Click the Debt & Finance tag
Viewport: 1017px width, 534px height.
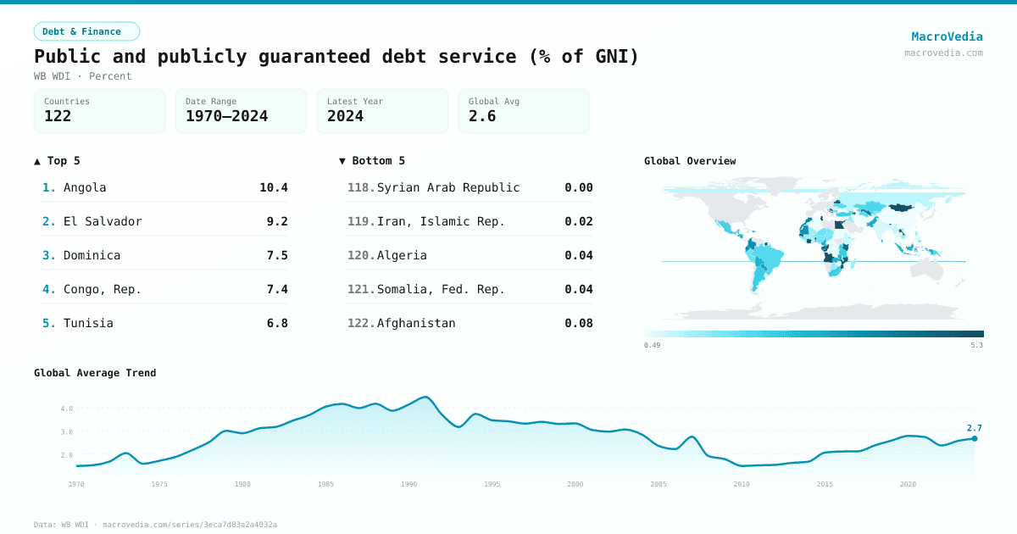(x=86, y=31)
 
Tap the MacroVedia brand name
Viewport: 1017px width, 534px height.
(x=947, y=36)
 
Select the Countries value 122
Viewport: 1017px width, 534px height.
(x=58, y=116)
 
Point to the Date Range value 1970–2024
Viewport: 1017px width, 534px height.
(x=226, y=116)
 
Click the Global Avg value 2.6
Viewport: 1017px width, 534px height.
(x=482, y=116)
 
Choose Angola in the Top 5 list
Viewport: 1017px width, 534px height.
(x=85, y=187)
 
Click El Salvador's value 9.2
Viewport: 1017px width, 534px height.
(x=277, y=221)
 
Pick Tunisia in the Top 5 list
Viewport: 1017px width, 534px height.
(x=88, y=323)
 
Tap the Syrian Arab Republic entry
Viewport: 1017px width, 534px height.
(x=447, y=187)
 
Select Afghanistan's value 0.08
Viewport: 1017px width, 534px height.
(x=579, y=323)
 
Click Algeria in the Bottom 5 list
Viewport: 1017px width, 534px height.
(x=402, y=255)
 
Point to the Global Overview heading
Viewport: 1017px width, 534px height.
(x=690, y=161)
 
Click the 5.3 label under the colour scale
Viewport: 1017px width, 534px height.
(x=976, y=345)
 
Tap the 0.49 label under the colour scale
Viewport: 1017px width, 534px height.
(x=652, y=345)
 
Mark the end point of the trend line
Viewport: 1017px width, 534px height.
(x=975, y=438)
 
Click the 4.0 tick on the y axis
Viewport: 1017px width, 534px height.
(x=66, y=409)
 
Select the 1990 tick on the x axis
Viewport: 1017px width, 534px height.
(x=409, y=484)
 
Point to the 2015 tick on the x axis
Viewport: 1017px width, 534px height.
(x=825, y=484)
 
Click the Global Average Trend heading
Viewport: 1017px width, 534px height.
(x=95, y=373)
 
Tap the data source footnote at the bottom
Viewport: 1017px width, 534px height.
(x=155, y=525)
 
